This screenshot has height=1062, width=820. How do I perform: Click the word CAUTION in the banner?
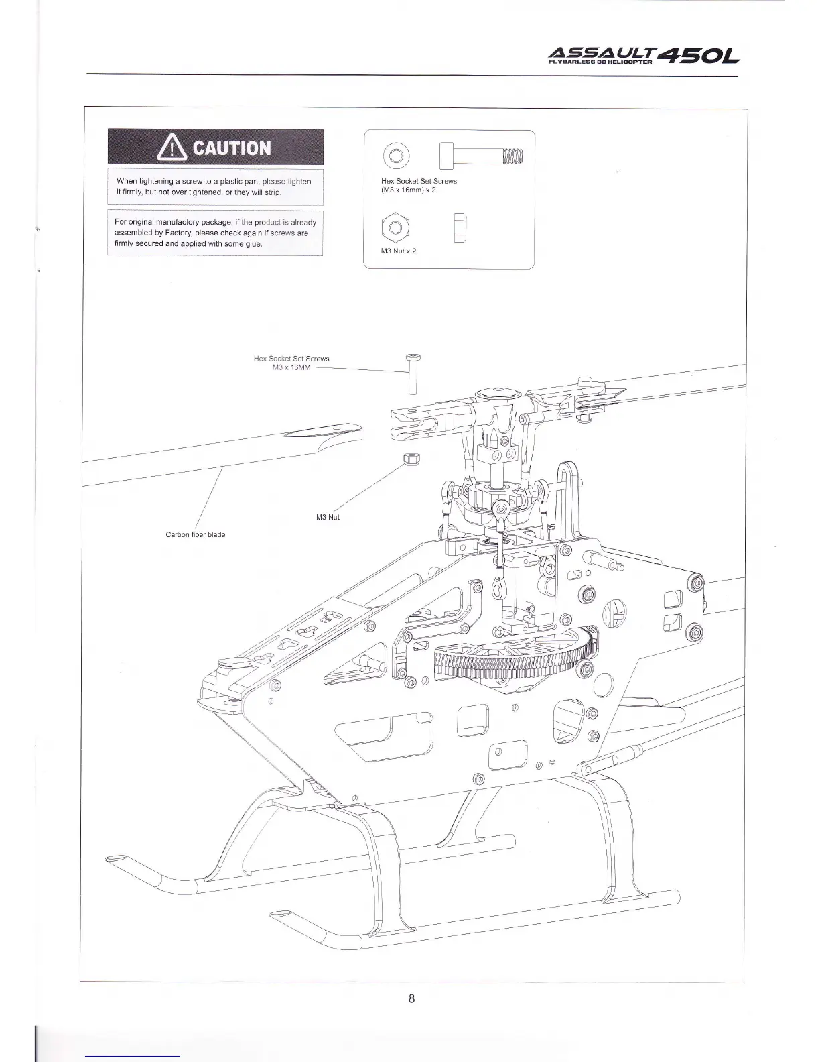coord(232,147)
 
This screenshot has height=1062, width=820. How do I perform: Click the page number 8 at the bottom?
coord(411,999)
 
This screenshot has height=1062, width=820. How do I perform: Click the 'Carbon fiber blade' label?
coord(196,534)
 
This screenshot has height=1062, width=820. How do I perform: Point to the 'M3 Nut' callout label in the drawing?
coord(328,517)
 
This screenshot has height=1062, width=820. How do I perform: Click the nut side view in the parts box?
coord(460,228)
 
